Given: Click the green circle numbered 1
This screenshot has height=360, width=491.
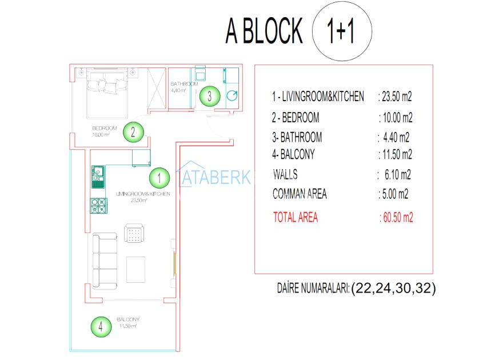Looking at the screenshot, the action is click(159, 178).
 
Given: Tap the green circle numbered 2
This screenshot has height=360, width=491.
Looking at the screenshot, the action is click(133, 132).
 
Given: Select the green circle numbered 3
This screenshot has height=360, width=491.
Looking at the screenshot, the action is click(210, 96).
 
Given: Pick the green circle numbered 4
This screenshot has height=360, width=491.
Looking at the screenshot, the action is click(101, 327).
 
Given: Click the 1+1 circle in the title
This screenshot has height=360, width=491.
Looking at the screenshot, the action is click(342, 31).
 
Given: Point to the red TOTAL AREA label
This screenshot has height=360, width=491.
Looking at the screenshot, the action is click(296, 217).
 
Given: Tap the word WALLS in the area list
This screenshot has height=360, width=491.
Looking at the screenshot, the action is click(285, 174).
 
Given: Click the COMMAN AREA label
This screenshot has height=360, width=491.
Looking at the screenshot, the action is click(300, 194).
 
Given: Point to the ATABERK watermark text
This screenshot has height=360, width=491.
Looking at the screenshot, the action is click(214, 177).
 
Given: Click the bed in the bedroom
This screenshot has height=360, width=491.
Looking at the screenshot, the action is click(107, 93).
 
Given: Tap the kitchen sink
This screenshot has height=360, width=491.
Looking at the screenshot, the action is click(98, 177).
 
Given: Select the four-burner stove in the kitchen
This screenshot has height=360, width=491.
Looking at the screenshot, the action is click(99, 206).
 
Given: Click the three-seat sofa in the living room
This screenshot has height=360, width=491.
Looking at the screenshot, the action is click(105, 261).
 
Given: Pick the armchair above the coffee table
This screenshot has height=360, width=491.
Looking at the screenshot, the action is click(134, 233).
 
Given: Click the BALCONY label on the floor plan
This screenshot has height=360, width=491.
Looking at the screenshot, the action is click(128, 319).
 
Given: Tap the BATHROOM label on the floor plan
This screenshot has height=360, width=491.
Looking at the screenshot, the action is click(184, 84).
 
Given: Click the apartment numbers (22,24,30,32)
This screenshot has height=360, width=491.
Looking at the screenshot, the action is click(394, 288).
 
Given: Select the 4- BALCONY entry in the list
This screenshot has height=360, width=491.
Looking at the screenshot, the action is click(293, 154).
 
